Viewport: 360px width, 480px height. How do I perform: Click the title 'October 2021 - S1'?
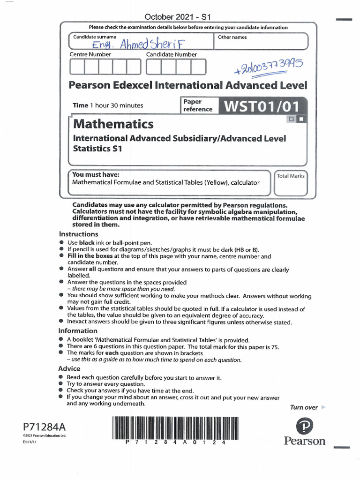178,17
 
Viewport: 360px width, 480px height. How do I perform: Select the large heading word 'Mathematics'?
113,124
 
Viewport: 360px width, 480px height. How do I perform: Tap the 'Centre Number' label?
90,55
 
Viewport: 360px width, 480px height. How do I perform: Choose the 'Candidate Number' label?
172,55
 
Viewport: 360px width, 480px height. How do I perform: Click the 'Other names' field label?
232,37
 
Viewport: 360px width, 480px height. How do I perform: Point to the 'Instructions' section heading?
78,234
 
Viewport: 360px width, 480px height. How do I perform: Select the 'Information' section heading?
78,330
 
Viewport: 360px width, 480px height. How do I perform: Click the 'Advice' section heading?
69,368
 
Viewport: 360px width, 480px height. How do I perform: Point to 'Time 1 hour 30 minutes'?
108,105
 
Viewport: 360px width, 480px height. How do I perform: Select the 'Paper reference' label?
197,105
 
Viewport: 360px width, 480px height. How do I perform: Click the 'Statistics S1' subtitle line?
97,149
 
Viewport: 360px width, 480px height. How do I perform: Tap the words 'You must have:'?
92,174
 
